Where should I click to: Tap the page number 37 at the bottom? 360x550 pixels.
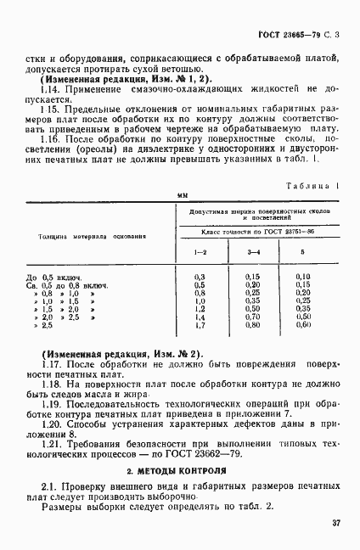[x=335, y=524]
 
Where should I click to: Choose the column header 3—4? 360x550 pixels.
[x=252, y=252]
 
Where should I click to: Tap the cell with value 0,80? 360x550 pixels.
[x=252, y=325]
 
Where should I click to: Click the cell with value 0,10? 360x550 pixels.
[x=304, y=278]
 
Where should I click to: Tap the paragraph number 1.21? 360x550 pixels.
[x=39, y=444]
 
